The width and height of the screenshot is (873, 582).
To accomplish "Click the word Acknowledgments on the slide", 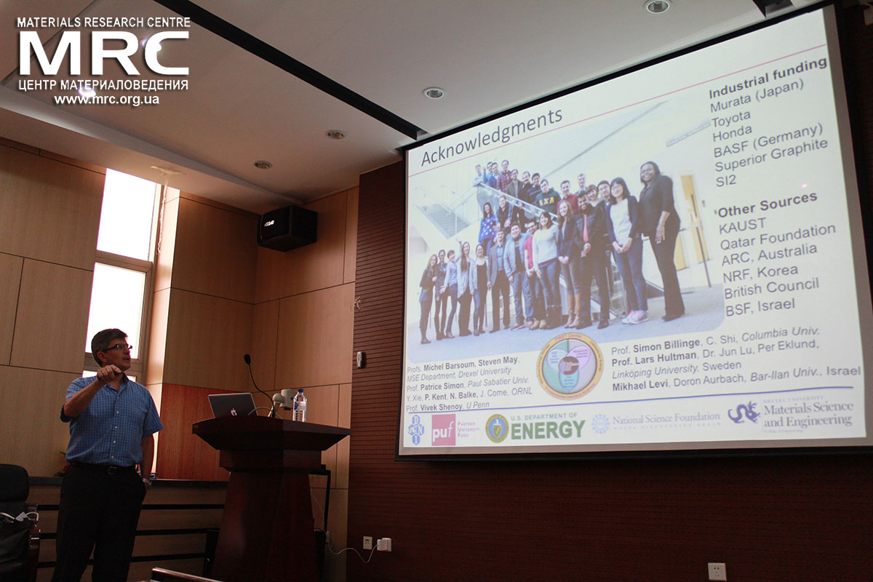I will (492, 136).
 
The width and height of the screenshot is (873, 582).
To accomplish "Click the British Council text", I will (771, 287).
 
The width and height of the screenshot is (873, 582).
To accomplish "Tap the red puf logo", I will (443, 429).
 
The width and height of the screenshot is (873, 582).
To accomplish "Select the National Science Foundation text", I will (665, 419).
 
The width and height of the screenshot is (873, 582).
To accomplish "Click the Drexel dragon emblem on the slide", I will (743, 412).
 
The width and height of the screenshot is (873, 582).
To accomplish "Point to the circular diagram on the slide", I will (570, 366).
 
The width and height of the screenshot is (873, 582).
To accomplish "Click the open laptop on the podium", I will (232, 404).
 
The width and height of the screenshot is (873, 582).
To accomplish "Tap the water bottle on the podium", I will (299, 406).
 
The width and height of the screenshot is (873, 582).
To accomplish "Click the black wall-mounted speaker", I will (287, 228).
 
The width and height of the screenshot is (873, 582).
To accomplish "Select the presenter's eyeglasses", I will (117, 348).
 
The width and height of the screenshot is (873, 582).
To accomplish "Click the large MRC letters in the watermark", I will (103, 52).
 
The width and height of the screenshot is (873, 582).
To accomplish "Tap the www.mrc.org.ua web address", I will (106, 100).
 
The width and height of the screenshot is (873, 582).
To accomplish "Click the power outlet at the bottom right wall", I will (717, 571).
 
